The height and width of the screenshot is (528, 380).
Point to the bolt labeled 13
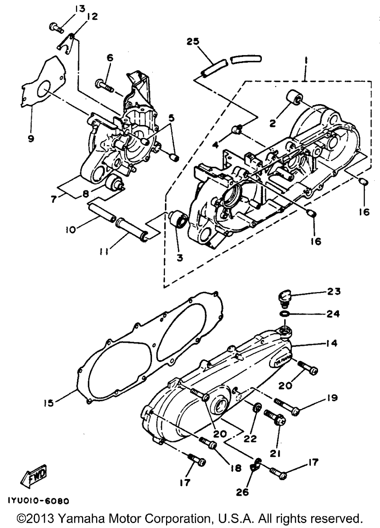click(x=54, y=27)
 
